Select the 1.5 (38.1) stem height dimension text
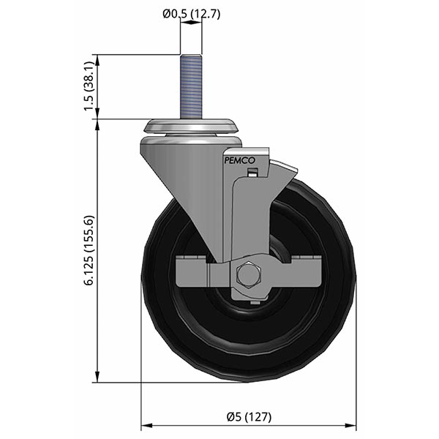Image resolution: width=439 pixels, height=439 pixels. pyautogui.click(x=89, y=86)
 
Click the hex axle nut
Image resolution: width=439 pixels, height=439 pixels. pyautogui.click(x=248, y=275)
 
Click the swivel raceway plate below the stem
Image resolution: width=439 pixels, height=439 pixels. pyautogui.click(x=192, y=127)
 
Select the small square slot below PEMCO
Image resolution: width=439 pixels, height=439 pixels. pyautogui.click(x=253, y=173)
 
